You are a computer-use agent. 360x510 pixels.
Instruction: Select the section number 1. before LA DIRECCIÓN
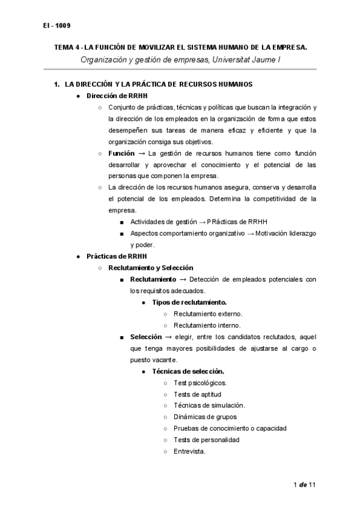[x=57, y=84]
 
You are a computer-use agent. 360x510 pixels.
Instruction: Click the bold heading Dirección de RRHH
[x=117, y=96]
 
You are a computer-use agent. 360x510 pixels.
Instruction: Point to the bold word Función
[x=121, y=153]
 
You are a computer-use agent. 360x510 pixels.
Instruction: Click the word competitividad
[x=260, y=199]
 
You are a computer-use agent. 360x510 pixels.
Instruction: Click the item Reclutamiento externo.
[x=208, y=314]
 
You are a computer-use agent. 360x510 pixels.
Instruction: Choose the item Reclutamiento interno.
[x=207, y=325]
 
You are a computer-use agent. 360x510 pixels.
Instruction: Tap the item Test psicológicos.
[x=200, y=382]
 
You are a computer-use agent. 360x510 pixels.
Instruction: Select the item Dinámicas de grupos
[x=205, y=417]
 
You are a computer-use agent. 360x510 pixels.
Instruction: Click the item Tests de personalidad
[x=206, y=440]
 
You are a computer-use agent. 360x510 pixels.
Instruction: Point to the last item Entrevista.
[x=190, y=451]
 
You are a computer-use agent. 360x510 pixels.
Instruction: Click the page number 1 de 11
[x=305, y=485]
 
